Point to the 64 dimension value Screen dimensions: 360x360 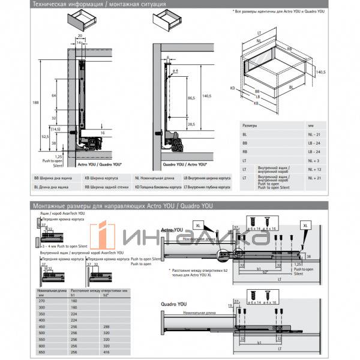[x=54, y=95]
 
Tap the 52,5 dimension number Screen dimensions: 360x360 [x=45, y=136]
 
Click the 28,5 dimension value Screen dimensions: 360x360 [x=191, y=124]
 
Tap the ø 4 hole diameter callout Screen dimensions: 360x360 [x=175, y=71]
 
